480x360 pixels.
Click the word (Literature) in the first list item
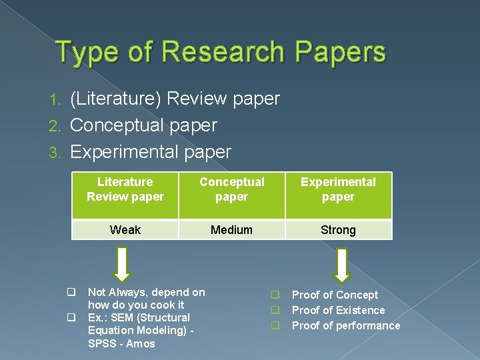pyautogui.click(x=115, y=99)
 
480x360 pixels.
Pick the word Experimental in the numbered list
pyautogui.click(x=125, y=152)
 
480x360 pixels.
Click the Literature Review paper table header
pyautogui.click(x=125, y=189)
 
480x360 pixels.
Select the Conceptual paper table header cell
pyautogui.click(x=231, y=189)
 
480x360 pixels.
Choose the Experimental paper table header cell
pyautogui.click(x=338, y=189)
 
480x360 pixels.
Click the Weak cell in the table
pyautogui.click(x=125, y=230)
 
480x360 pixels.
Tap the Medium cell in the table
pyautogui.click(x=231, y=230)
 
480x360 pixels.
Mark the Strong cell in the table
pyautogui.click(x=338, y=230)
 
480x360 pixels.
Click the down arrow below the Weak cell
pyautogui.click(x=122, y=265)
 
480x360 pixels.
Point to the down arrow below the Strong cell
pyautogui.click(x=342, y=265)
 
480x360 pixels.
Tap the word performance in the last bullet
pyautogui.click(x=368, y=325)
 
